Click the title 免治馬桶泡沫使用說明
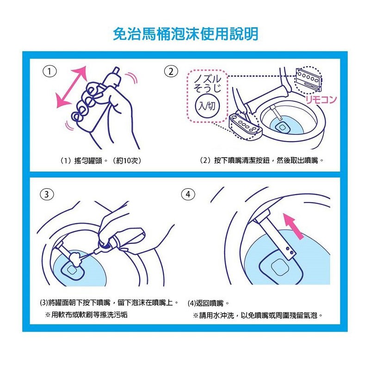click(x=186, y=34)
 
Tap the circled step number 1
click(x=49, y=71)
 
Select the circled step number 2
click(x=171, y=71)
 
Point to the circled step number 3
click(x=47, y=195)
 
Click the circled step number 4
click(x=188, y=194)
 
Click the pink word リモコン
click(x=321, y=100)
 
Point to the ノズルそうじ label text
click(x=207, y=84)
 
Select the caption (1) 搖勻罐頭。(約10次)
click(x=101, y=161)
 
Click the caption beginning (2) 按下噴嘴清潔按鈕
click(x=261, y=160)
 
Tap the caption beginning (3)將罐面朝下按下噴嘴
click(x=109, y=303)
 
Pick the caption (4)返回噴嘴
click(x=208, y=303)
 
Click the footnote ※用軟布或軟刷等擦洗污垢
click(x=86, y=315)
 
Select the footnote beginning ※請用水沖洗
click(x=258, y=315)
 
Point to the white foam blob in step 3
click(x=75, y=257)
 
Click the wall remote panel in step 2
click(x=308, y=79)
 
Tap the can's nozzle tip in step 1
click(x=117, y=71)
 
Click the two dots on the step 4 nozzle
click(x=290, y=251)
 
